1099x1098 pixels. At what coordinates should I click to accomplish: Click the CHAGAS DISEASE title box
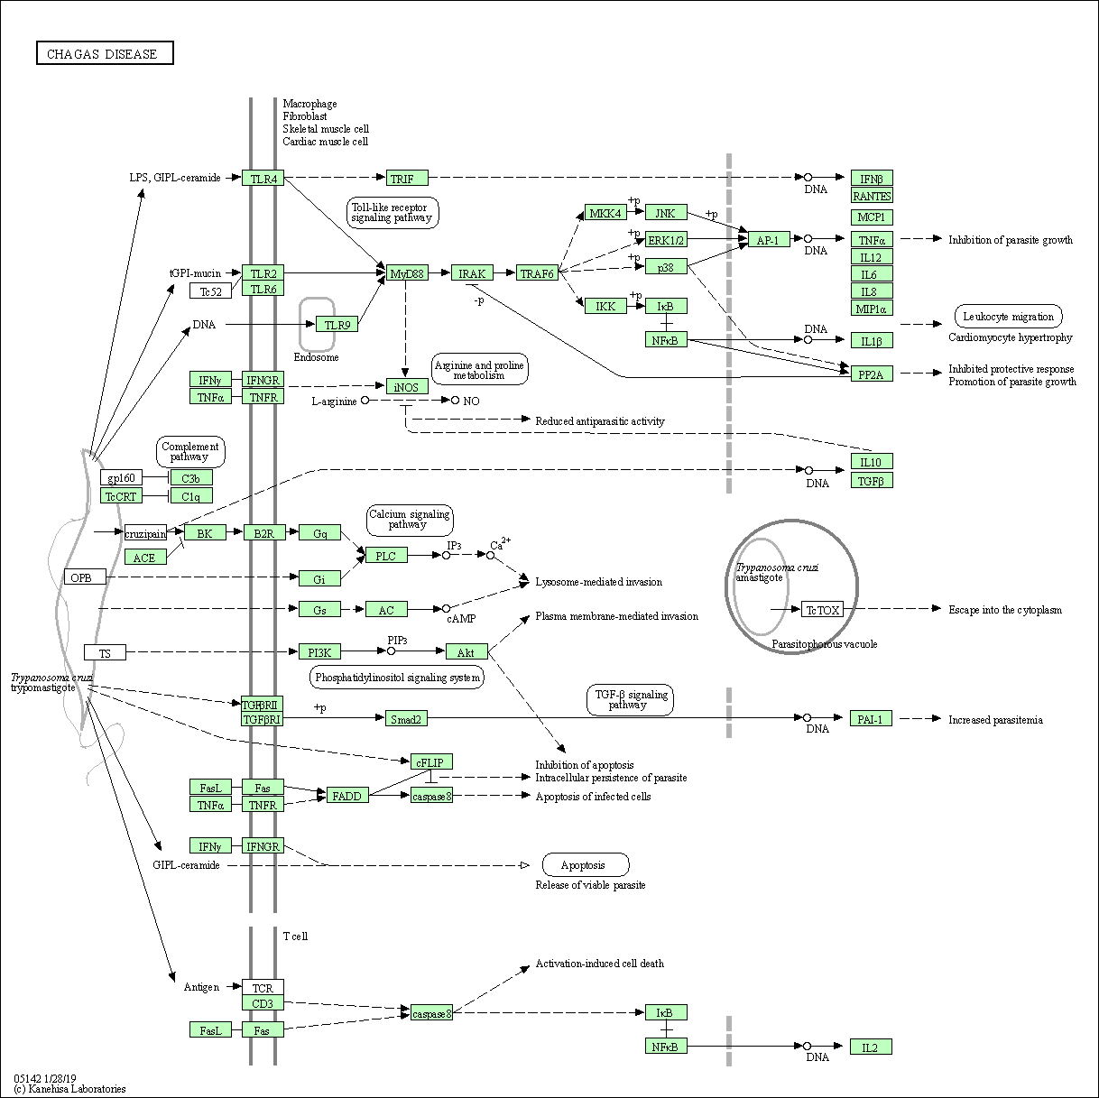[105, 54]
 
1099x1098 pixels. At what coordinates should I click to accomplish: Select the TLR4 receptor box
[263, 179]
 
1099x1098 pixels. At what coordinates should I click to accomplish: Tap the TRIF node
[407, 179]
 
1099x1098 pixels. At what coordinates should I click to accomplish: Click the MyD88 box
[407, 273]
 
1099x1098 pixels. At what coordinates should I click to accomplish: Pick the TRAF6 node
[537, 273]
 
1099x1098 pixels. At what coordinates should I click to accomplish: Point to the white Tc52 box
[211, 291]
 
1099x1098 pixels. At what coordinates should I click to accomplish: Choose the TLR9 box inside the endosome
[337, 325]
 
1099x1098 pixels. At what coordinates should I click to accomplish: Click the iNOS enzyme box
[407, 386]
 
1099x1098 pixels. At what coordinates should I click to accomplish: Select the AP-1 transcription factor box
[768, 240]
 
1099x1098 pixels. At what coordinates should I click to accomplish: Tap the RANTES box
[872, 196]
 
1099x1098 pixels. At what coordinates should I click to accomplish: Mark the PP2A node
[872, 374]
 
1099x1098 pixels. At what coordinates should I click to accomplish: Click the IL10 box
[872, 462]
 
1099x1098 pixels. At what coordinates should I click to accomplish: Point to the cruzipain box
[146, 533]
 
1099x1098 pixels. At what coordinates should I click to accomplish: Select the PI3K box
[319, 652]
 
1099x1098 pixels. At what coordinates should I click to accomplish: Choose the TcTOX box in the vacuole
[822, 610]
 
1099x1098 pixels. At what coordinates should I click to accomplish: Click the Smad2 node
[406, 719]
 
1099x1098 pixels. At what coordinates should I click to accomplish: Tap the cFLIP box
[431, 762]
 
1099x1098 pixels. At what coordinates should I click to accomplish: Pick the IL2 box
[871, 1047]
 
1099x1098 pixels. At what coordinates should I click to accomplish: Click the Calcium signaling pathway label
[410, 520]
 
